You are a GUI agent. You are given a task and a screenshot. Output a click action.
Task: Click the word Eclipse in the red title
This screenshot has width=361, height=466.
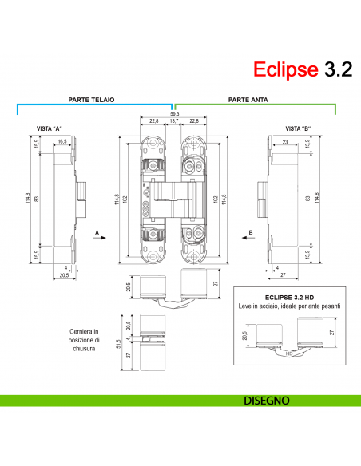click(285, 69)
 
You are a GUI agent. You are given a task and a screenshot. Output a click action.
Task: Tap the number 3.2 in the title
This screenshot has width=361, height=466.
click(337, 69)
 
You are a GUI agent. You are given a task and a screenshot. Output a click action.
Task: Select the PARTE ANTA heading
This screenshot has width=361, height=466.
click(248, 101)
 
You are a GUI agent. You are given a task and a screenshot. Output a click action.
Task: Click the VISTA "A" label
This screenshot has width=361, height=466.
click(50, 128)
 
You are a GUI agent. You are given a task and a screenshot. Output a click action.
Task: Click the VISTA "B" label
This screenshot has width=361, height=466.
click(298, 128)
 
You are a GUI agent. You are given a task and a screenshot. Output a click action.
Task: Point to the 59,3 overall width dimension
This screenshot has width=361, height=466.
click(175, 114)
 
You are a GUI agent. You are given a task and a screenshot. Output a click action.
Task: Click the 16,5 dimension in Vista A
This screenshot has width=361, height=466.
click(61, 141)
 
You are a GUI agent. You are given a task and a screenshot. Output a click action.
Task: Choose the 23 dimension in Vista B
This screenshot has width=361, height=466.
click(285, 141)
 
